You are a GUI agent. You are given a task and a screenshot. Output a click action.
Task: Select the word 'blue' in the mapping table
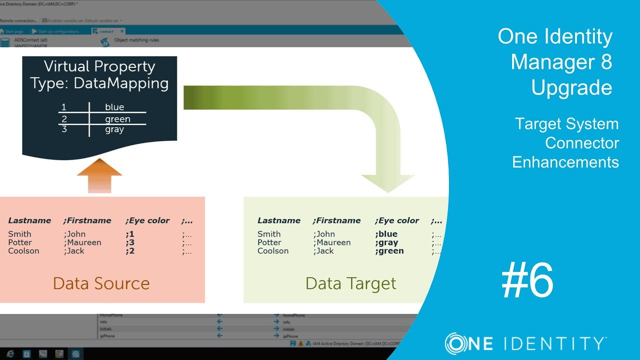[114, 107]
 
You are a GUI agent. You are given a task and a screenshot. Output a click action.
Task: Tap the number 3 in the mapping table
[64, 129]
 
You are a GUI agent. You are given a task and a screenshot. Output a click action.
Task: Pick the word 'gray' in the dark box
[114, 129]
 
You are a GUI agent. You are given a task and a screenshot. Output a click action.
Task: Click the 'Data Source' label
[101, 283]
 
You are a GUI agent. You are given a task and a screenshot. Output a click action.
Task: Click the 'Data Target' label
[350, 283]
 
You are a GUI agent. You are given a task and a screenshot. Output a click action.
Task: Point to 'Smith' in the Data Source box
[19, 234]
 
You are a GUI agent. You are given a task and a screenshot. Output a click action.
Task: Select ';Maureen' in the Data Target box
[331, 242]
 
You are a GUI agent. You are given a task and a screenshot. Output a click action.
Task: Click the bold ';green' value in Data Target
[389, 251]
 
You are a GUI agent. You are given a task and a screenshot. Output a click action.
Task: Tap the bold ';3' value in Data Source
[130, 242]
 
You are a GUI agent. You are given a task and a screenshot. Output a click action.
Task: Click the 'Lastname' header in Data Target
[279, 220]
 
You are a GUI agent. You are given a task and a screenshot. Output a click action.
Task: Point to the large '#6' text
[527, 280]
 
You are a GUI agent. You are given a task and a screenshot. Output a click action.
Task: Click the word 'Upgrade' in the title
[571, 87]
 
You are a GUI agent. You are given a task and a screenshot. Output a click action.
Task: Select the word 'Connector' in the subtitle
[582, 143]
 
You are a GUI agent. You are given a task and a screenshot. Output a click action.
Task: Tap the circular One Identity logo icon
[456, 343]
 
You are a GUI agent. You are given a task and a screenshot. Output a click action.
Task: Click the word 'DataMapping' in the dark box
[121, 83]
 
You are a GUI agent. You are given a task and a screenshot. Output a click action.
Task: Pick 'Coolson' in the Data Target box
[273, 251]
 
